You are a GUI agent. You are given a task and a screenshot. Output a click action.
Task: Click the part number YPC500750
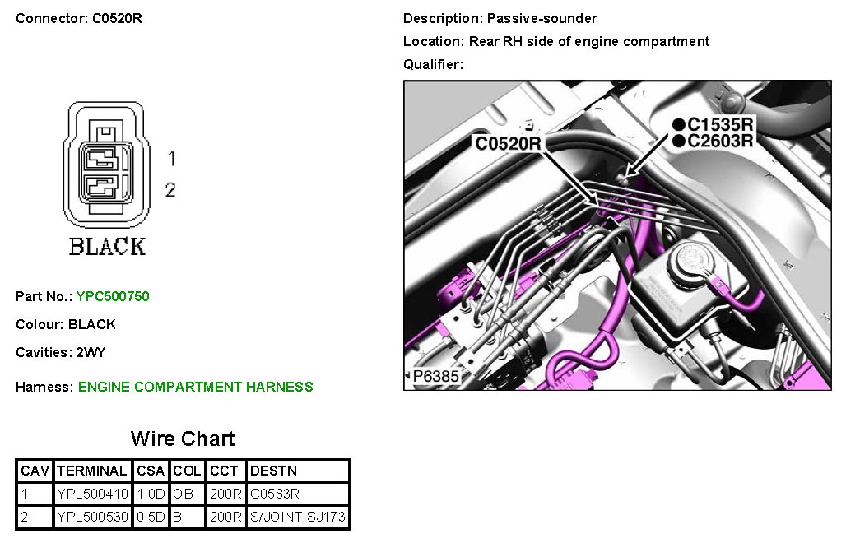point(113,296)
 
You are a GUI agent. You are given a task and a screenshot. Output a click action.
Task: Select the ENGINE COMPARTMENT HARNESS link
point(195,387)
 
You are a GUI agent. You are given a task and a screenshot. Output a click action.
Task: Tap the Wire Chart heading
point(183,439)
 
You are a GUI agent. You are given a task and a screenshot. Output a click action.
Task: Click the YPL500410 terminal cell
point(93,494)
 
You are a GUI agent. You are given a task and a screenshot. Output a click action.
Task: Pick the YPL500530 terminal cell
point(93,517)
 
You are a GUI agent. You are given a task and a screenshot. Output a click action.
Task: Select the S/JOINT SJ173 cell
point(297,517)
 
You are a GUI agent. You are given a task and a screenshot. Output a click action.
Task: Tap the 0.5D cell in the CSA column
point(151,517)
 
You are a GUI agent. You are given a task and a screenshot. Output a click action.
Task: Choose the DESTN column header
point(273,471)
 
